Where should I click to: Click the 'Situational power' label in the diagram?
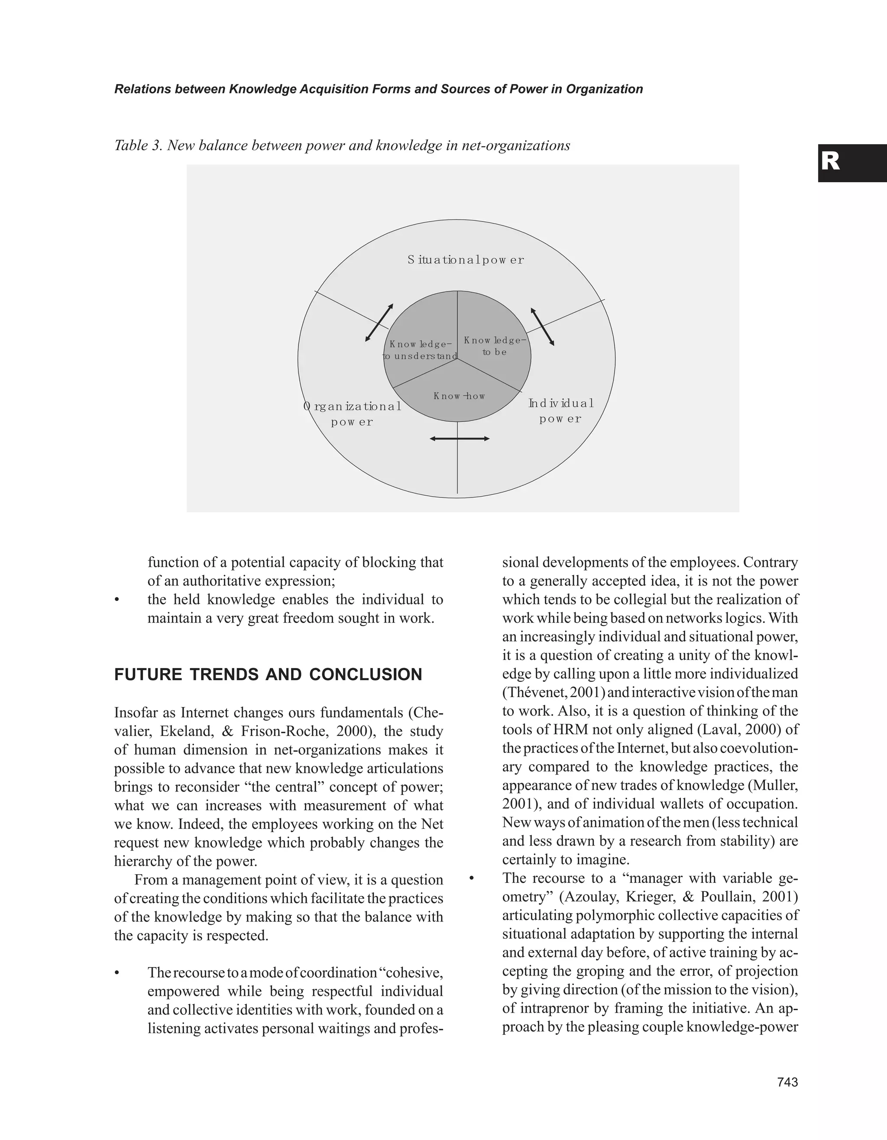466,260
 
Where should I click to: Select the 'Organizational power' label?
353,414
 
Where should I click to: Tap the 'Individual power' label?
561,411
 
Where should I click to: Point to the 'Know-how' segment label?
459,396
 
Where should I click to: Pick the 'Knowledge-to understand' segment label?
420,350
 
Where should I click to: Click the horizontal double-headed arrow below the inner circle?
460,439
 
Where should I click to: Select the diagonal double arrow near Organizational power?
379,323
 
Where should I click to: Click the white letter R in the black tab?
830,162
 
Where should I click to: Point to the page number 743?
787,1082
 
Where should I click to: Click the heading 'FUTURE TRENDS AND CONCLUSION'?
268,675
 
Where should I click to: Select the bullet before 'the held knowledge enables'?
117,600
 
